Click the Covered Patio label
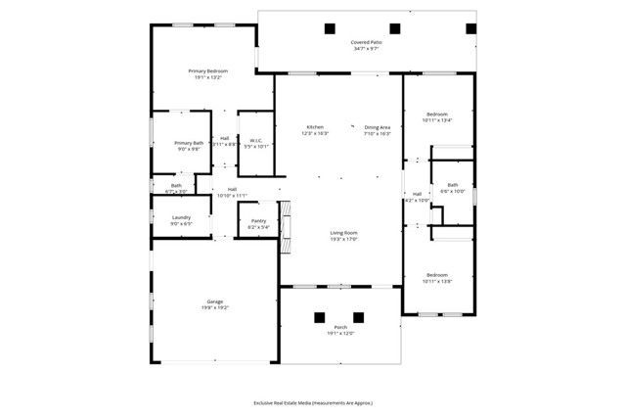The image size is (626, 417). pyautogui.click(x=367, y=43)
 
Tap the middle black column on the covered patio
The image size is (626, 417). pyautogui.click(x=395, y=28)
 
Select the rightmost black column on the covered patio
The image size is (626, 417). pyautogui.click(x=469, y=28)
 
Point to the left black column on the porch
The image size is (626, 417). pyautogui.click(x=319, y=317)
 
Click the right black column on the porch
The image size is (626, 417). pyautogui.click(x=358, y=317)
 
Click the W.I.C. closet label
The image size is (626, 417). pyautogui.click(x=255, y=141)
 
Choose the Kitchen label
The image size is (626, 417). pyautogui.click(x=315, y=127)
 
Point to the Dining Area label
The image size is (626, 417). pyautogui.click(x=378, y=127)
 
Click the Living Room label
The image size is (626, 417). pyautogui.click(x=343, y=233)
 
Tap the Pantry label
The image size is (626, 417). pyautogui.click(x=258, y=221)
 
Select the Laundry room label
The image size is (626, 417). pyautogui.click(x=181, y=217)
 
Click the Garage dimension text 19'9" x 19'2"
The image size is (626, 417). pyautogui.click(x=214, y=306)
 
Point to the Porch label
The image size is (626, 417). pyautogui.click(x=339, y=329)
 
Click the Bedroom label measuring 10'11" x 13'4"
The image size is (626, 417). pyautogui.click(x=436, y=115)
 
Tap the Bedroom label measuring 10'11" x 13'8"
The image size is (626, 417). pyautogui.click(x=436, y=275)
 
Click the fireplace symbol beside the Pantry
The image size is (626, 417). pyautogui.click(x=286, y=227)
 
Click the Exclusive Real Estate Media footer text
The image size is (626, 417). pyautogui.click(x=313, y=402)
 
